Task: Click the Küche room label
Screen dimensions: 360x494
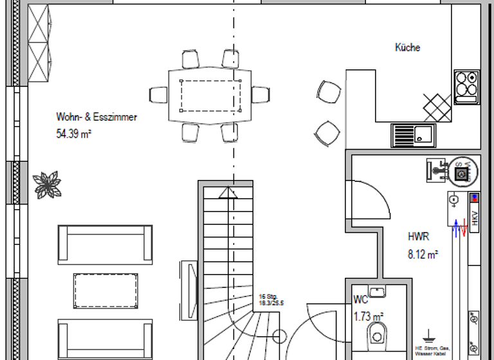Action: point(407,48)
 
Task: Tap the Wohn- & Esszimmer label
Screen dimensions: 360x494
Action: point(96,118)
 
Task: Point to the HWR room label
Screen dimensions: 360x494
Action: point(417,236)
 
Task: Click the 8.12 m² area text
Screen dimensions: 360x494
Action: point(423,255)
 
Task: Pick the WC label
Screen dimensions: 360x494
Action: point(360,300)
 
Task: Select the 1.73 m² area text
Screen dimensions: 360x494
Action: point(368,316)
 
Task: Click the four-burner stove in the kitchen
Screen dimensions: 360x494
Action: point(466,86)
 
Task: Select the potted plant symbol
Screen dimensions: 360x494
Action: point(47,184)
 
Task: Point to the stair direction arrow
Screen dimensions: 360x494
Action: point(228,193)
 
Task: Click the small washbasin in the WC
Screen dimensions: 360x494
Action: point(378,292)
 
